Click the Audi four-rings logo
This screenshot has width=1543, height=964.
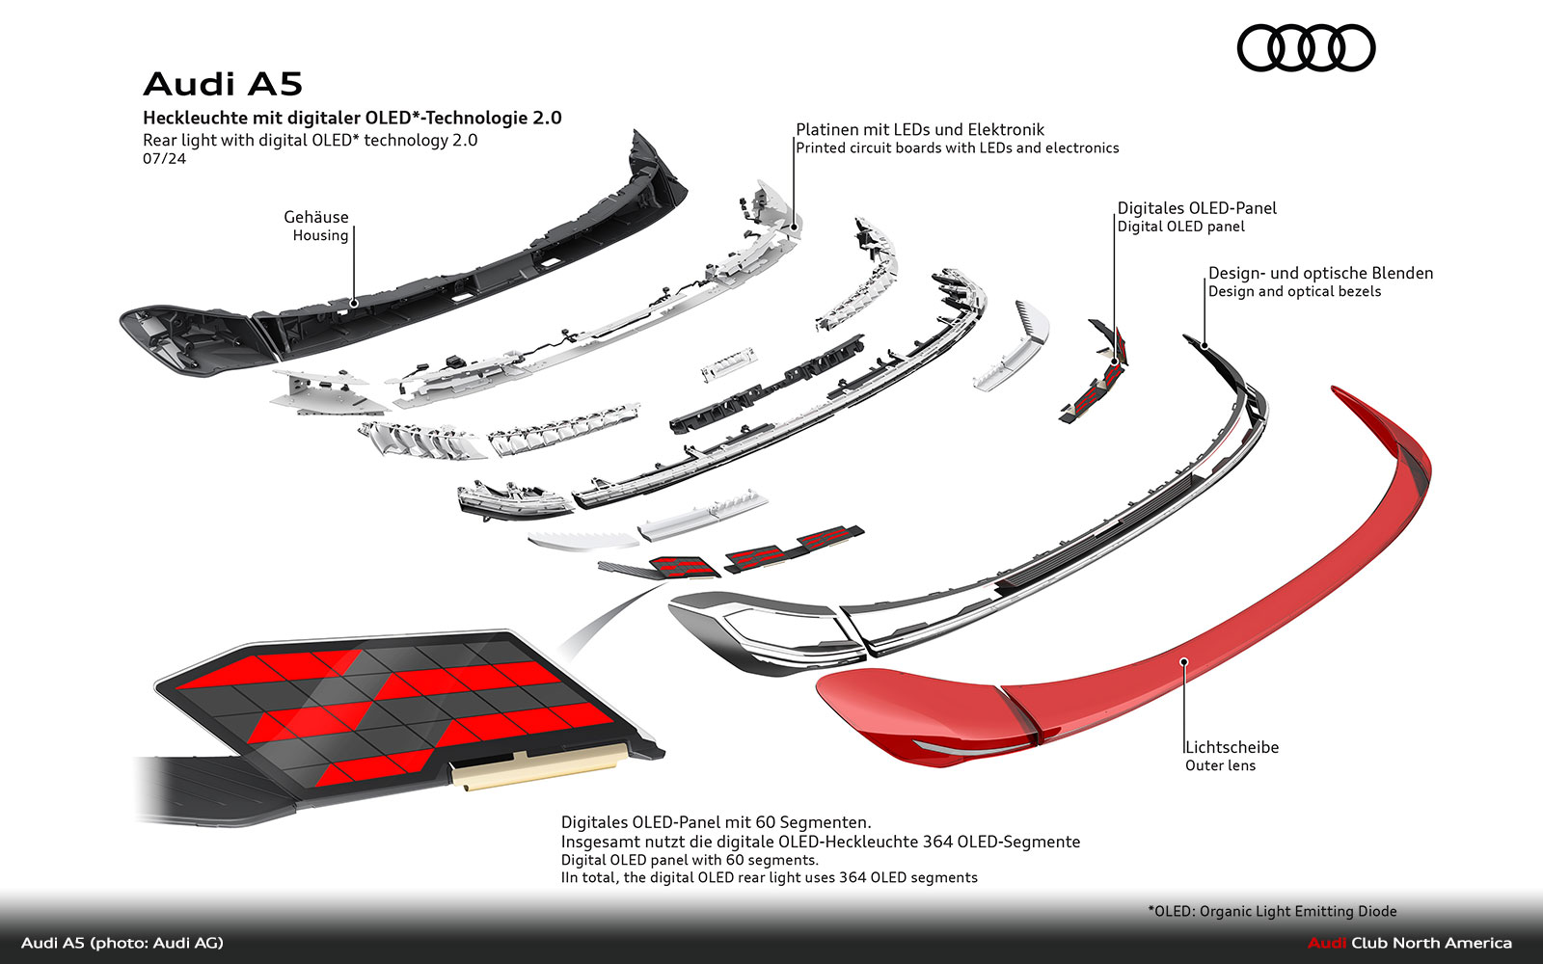1306,48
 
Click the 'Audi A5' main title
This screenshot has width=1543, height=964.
223,85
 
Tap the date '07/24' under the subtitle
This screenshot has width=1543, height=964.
164,158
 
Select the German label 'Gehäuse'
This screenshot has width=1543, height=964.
315,217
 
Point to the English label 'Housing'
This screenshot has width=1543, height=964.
320,235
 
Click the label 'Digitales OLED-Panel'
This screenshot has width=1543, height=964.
1196,208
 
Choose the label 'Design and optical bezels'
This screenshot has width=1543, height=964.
1294,291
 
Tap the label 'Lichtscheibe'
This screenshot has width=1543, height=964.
1232,747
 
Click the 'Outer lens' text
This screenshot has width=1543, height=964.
1220,765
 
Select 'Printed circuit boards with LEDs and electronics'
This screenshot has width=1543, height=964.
957,147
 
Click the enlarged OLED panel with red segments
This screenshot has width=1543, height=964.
395,704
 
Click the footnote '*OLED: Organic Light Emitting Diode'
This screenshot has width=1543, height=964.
1271,911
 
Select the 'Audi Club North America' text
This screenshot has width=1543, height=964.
1409,943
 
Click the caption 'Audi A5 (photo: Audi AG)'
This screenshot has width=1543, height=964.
122,943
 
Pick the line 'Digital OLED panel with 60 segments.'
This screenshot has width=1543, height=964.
690,860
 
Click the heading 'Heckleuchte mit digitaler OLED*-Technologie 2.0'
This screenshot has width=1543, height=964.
352,118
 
